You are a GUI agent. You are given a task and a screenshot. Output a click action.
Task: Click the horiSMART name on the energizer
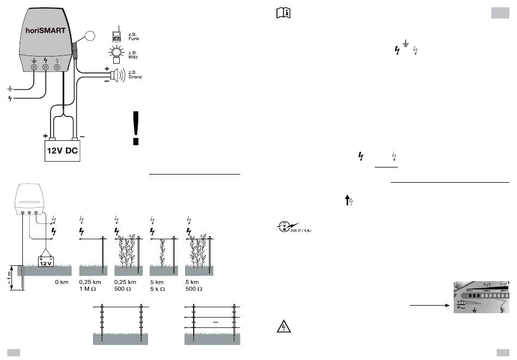(x=46, y=30)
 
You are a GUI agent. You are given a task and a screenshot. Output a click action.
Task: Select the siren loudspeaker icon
(x=116, y=75)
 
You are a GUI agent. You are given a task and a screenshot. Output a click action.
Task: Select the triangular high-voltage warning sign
(x=284, y=326)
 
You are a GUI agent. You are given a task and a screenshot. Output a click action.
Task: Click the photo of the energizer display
(x=481, y=297)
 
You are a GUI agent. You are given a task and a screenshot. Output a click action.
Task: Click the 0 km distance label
(x=61, y=283)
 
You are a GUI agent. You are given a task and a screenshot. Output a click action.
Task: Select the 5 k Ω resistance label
(x=158, y=289)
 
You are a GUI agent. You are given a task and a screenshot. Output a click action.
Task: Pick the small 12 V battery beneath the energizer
(x=46, y=262)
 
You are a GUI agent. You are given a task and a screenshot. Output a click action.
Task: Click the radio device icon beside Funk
(x=116, y=36)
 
